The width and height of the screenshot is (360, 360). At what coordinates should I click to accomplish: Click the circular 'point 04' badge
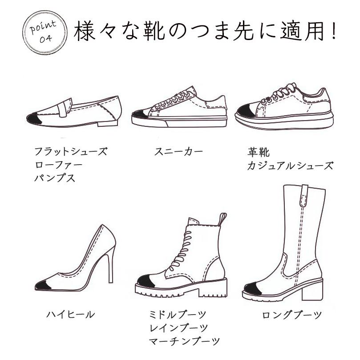pos(45,32)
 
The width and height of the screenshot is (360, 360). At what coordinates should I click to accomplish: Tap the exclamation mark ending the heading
pos(334,31)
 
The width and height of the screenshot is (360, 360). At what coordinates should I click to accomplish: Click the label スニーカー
pos(178,152)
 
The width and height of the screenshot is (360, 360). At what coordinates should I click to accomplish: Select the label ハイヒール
pos(70,314)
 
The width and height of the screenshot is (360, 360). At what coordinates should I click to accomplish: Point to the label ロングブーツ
pos(292,315)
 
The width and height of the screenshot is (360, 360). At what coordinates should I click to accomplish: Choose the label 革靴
pos(258,152)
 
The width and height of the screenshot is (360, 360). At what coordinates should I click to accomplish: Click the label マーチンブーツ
pos(184,341)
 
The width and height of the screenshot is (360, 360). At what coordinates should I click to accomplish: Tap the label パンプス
pos(55,178)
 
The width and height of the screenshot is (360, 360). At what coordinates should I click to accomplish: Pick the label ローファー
pos(59,165)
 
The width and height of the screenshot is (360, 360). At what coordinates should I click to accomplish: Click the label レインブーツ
pos(178,328)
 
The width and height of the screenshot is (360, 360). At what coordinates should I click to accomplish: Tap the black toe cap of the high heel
pos(43,285)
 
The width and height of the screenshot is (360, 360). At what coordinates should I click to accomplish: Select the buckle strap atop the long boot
pos(304,194)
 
